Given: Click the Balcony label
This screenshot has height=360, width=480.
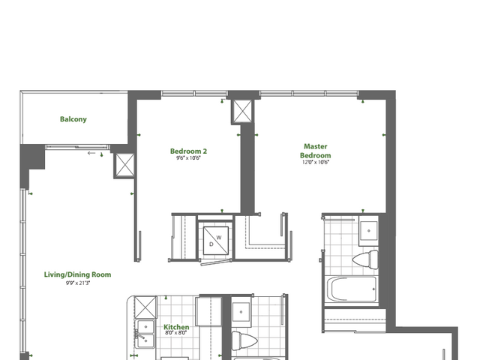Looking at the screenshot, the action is [73, 119].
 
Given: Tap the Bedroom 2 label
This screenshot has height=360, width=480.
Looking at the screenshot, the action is [188, 151].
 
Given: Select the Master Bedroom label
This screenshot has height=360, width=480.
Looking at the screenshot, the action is [315, 151].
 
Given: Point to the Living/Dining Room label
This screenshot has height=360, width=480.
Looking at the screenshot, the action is [77, 274].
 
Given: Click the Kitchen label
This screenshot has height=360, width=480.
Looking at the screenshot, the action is [176, 327].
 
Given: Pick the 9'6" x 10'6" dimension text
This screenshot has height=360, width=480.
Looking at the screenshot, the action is [188, 158].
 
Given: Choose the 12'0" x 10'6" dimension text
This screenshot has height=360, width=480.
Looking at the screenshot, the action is [315, 162].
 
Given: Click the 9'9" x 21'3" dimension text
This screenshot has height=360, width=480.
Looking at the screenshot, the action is [78, 283].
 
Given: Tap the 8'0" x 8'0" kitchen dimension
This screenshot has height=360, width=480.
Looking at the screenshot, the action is [175, 333].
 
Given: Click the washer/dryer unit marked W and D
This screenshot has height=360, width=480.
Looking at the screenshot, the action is [216, 241].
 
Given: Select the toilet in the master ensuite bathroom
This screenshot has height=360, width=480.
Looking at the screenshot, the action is [365, 259].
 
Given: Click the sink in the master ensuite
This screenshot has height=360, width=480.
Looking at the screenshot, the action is [368, 231].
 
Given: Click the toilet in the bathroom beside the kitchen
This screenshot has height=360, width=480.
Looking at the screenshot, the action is [244, 340].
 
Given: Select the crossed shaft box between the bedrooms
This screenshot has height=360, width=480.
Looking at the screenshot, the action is [242, 112].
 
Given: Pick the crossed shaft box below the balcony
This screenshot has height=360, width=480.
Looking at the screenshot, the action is [124, 165].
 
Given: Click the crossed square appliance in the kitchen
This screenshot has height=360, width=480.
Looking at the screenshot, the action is [145, 307].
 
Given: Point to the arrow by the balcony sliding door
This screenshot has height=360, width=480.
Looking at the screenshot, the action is [91, 153].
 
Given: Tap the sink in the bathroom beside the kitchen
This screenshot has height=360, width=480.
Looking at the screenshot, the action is [241, 312].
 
